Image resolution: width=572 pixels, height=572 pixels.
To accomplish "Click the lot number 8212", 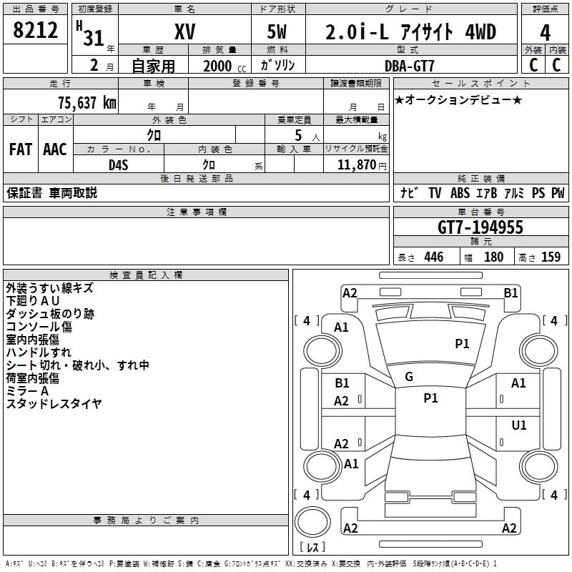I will coord(36,31).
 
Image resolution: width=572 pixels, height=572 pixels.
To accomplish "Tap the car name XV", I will coord(184,32).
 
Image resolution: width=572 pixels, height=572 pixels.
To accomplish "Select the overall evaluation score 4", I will coord(545,32).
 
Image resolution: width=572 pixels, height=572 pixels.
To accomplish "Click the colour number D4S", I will coord(118,164).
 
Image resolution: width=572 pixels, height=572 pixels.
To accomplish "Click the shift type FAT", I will coord(20,149).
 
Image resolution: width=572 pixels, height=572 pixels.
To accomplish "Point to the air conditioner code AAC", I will coord(54,149).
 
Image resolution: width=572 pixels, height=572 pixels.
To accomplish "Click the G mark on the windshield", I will coord(409,377).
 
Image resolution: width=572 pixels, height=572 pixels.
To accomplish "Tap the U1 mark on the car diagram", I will coord(518,425).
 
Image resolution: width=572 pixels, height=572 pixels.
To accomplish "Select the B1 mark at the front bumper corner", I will coord(511,292).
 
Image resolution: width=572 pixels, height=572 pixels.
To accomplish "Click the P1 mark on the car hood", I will coord(462,344).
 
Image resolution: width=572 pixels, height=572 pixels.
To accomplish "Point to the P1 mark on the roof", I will coord(430,398).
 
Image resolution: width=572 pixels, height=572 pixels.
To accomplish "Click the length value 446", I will coord(433,257).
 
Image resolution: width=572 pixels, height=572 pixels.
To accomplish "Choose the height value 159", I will coord(551,257).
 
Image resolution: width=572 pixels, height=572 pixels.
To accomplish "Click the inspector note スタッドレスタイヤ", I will coord(54,404).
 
